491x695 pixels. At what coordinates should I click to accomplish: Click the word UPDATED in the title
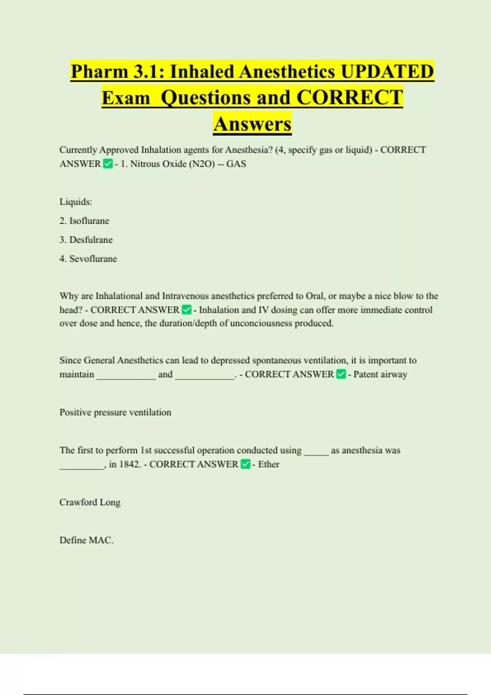click(x=387, y=72)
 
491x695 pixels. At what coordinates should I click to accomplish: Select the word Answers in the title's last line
click(x=252, y=124)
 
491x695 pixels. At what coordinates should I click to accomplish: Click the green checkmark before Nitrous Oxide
click(x=108, y=164)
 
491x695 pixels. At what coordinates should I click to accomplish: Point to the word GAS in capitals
click(x=236, y=164)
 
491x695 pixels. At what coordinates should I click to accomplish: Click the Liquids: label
click(x=76, y=202)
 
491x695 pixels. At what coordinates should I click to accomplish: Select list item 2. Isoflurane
click(x=84, y=221)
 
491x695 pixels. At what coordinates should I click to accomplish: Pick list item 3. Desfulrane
click(x=86, y=240)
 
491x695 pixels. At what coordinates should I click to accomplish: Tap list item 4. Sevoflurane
click(x=88, y=259)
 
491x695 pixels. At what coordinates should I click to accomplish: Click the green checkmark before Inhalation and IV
click(x=187, y=310)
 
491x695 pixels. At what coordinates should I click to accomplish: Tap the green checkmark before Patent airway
click(x=341, y=374)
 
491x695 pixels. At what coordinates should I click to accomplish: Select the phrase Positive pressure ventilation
click(x=115, y=412)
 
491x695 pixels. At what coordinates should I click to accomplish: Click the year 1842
click(x=129, y=464)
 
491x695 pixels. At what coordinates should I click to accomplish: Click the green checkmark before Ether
click(x=245, y=464)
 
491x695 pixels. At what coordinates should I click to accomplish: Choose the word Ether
click(x=269, y=464)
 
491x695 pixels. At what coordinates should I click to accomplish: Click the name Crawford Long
click(x=90, y=502)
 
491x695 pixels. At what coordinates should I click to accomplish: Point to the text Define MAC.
click(x=86, y=540)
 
